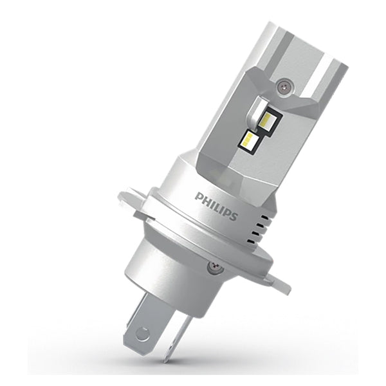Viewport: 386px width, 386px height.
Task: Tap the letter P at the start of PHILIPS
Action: click(x=198, y=194)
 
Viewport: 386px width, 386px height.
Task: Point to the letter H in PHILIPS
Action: click(x=205, y=198)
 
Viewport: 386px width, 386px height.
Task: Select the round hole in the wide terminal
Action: click(x=144, y=333)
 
